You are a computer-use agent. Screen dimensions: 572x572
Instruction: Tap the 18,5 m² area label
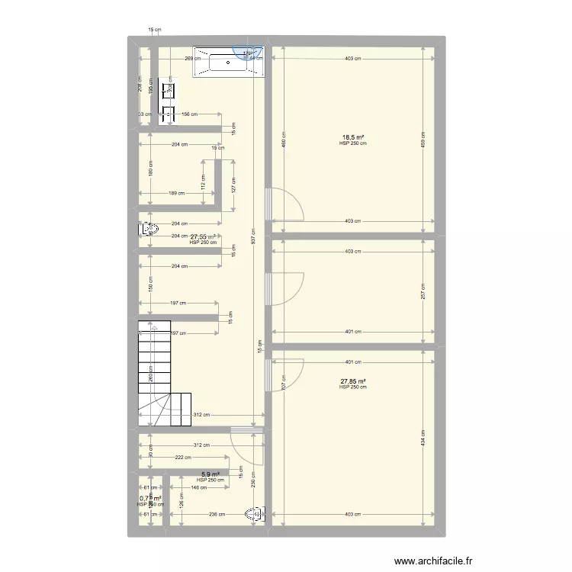[353, 138]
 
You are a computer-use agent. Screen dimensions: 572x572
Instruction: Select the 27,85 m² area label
[353, 381]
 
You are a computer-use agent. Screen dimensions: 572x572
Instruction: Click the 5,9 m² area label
[210, 474]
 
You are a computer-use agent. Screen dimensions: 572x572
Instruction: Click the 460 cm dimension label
[284, 142]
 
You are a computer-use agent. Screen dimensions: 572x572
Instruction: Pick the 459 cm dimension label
[423, 142]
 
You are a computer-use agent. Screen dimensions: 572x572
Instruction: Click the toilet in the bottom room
[255, 516]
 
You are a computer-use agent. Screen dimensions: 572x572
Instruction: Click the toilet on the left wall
[148, 229]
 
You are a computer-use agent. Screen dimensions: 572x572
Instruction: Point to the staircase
[162, 373]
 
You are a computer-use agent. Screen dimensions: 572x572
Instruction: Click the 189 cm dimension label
[177, 194]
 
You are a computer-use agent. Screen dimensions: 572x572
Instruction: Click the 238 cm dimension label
[217, 514]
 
